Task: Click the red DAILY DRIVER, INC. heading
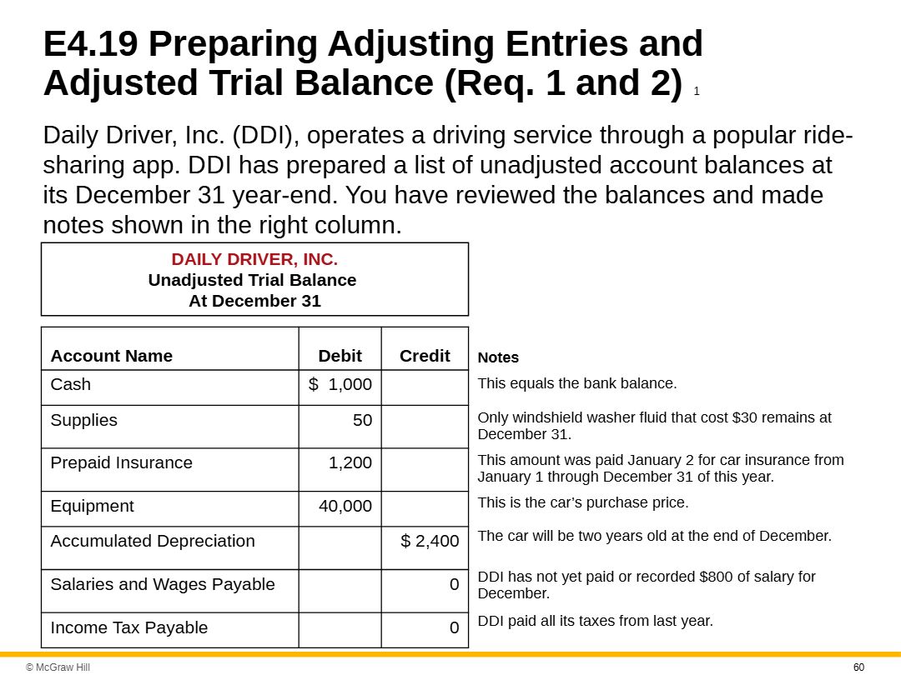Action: point(254,259)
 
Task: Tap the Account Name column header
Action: point(111,356)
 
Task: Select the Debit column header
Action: point(340,356)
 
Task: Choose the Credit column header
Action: point(425,356)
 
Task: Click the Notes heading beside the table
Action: point(498,357)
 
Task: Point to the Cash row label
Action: point(71,384)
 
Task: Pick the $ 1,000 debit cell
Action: point(340,384)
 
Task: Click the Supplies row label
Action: point(83,420)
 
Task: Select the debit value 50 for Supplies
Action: point(362,421)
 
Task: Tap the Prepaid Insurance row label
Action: point(121,462)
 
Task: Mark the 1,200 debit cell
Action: point(350,463)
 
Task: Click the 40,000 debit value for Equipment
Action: point(345,506)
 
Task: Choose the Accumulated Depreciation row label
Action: point(153,541)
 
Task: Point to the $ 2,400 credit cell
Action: point(430,542)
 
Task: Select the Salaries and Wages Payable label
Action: point(163,584)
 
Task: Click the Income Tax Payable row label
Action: point(129,627)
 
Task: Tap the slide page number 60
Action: point(858,667)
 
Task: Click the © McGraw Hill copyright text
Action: point(58,667)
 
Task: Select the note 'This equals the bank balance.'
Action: point(577,383)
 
